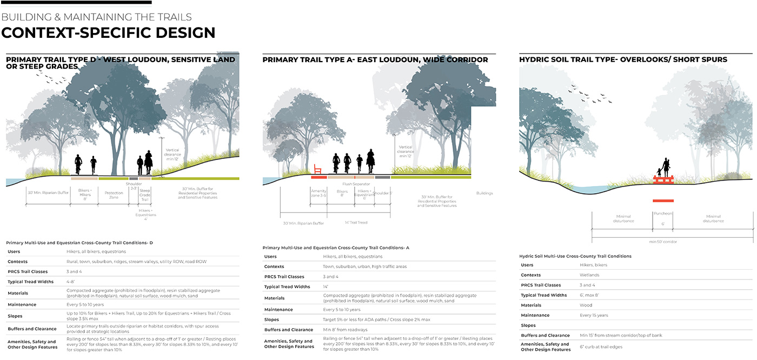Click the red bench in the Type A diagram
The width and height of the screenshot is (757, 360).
pos(317,169)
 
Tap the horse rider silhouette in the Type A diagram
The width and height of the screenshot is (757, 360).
pos(371,160)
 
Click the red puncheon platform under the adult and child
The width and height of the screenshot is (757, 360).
pos(663,179)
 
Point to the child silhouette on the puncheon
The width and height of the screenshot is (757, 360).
pos(659,172)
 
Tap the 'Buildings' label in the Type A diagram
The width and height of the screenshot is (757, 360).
pos(484,193)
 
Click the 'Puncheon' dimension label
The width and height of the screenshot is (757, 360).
pos(663,213)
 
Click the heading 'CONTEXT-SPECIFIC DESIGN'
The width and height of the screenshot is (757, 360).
pos(108,32)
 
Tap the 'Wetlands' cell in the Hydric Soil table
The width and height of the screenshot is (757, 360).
pos(589,275)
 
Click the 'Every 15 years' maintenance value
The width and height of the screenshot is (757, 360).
pos(594,315)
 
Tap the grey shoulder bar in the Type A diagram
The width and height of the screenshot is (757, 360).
pos(382,177)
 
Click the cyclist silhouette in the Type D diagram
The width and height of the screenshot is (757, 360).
pos(78,164)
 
